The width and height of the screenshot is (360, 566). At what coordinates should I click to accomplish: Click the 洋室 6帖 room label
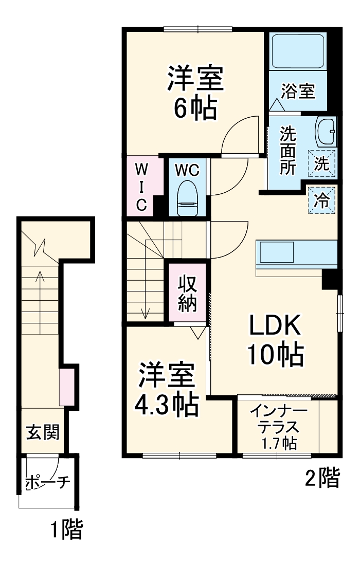coord(194,93)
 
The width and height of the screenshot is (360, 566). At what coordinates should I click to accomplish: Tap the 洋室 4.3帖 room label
coord(166,391)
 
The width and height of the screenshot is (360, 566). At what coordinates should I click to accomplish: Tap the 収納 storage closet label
coord(188,293)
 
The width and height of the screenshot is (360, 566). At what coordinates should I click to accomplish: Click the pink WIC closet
coord(140,186)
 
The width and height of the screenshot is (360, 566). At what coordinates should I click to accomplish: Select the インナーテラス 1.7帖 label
coord(279,427)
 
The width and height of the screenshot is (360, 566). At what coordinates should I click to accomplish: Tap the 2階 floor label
coord(322,479)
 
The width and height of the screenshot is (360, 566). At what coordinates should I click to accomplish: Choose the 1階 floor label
coord(66,530)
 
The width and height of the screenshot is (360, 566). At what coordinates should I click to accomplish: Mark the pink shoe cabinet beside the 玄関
coord(67,386)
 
